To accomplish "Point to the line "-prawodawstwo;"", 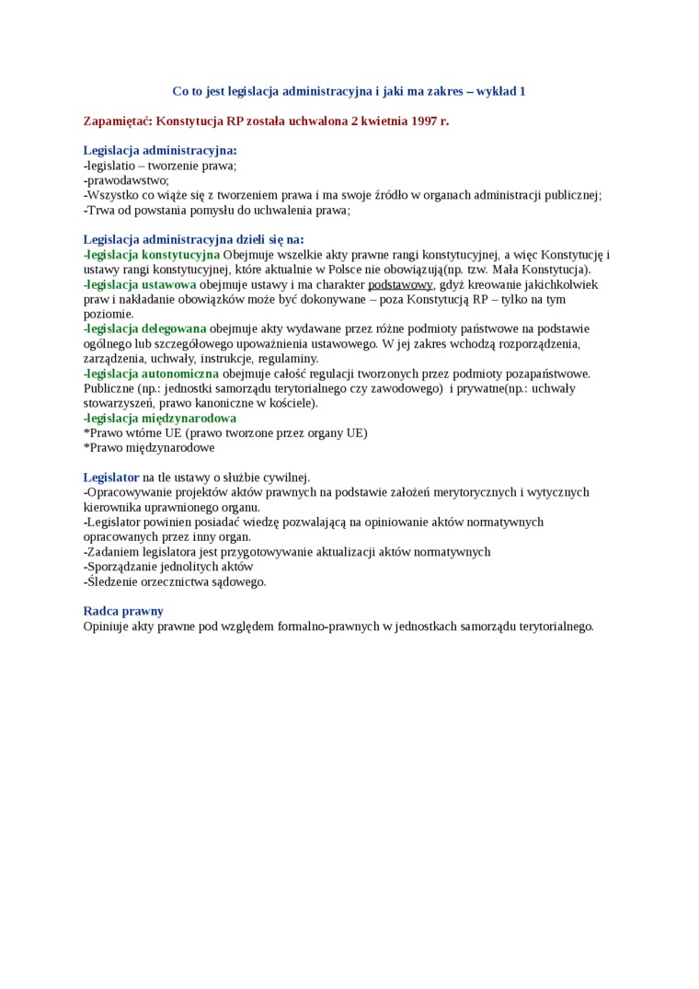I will pos(126,180).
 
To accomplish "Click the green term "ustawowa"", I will pos(169,284).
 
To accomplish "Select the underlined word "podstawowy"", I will pos(400,284).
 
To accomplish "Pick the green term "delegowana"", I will pos(174,328).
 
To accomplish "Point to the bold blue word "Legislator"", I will pos(111,477).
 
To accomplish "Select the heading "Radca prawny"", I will pos(123,611).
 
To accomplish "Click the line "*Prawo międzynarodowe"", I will pos(149,448).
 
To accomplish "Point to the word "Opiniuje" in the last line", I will pos(108,627).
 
